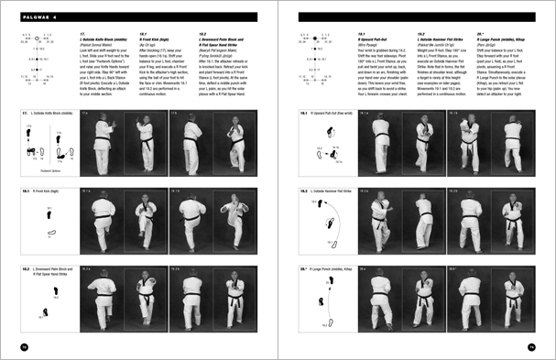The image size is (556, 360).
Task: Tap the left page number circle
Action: [x=23, y=346]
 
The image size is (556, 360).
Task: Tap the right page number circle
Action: [x=531, y=346]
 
